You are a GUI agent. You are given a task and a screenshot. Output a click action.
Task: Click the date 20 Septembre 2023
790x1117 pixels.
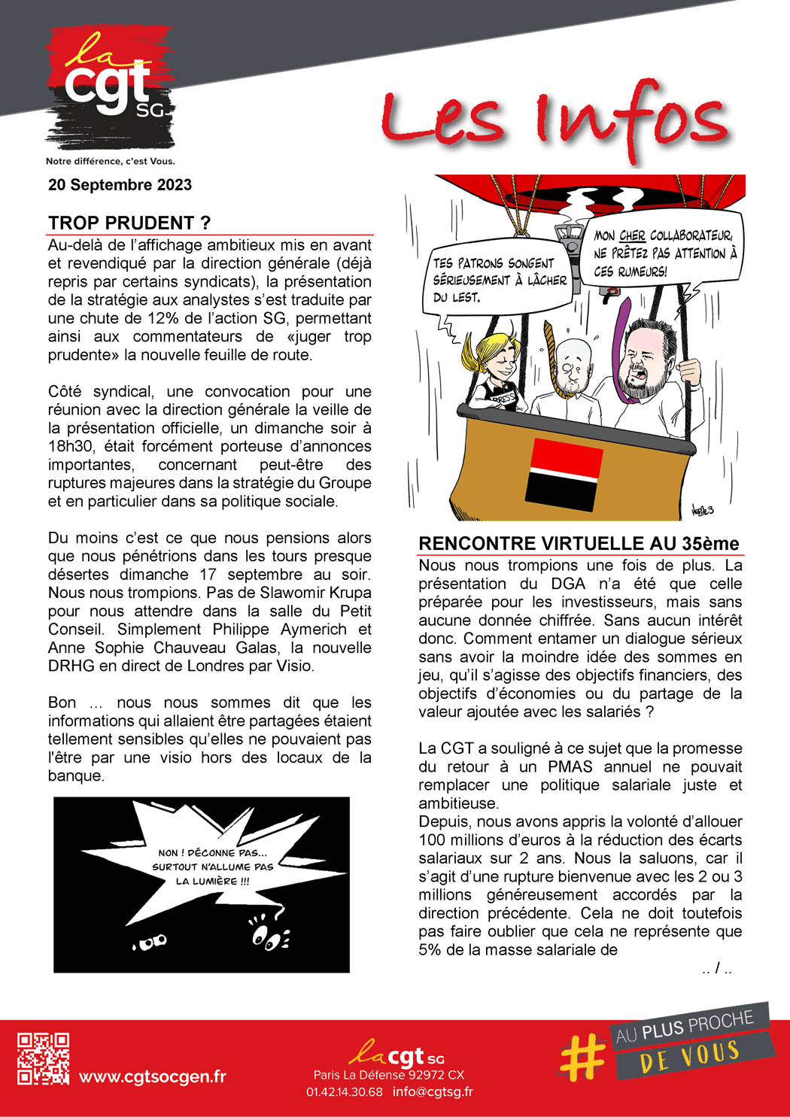coord(120,185)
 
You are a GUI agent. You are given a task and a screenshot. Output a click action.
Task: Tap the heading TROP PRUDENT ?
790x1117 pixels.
coord(129,223)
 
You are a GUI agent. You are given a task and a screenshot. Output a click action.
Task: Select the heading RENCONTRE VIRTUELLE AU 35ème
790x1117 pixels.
coord(579,544)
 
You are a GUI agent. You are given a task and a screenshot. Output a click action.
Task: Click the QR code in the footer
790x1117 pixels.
coord(44,1058)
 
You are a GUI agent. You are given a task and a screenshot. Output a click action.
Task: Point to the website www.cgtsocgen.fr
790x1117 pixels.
coord(153,1076)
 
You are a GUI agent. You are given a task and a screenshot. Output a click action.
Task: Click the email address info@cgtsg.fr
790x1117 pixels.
coord(433,1091)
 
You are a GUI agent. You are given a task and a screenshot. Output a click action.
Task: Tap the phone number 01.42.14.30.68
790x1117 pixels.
coord(344,1091)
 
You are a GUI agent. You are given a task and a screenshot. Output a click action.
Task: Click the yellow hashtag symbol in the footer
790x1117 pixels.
coord(582,1055)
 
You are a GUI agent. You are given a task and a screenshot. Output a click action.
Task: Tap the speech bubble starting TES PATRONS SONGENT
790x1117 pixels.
coord(499,280)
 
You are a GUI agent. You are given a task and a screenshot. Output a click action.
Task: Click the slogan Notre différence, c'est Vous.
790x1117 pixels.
coord(110,161)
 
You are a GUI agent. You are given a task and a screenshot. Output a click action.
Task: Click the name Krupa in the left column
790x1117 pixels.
coord(351,593)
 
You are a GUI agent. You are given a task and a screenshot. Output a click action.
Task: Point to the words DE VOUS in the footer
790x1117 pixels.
coord(690,1056)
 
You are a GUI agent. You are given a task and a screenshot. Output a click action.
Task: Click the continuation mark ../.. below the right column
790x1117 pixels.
coord(717,969)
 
